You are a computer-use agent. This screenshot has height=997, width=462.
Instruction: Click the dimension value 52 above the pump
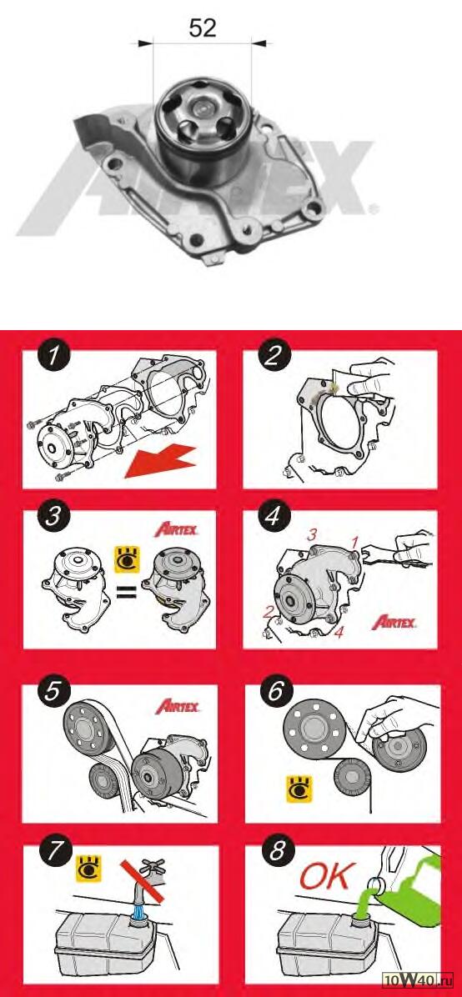[203, 28]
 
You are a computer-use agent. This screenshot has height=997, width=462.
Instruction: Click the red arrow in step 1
[159, 461]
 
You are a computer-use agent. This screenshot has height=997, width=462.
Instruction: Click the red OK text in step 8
[324, 878]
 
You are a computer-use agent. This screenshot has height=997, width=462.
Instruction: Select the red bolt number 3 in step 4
[312, 535]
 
